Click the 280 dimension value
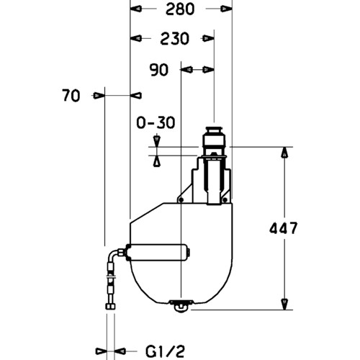point(180,9)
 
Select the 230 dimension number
point(174,39)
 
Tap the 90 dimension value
point(158,70)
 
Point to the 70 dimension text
point(71,96)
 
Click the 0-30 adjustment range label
point(156,122)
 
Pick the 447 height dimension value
point(283,228)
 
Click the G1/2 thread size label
point(166,351)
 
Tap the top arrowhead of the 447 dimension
point(284,152)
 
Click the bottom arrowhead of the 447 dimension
point(284,304)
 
